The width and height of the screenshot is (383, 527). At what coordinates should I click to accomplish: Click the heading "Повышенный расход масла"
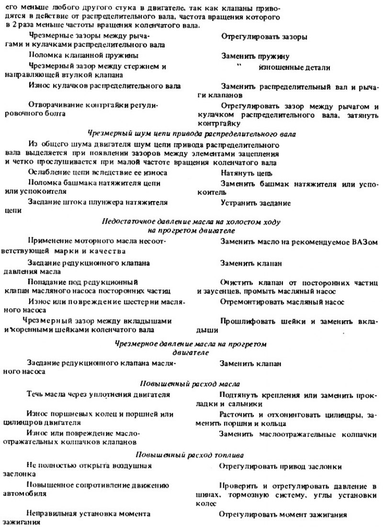point(189,384)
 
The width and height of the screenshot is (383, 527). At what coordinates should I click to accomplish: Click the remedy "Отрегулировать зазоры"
point(264,36)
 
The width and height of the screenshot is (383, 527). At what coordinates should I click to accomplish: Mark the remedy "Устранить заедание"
point(256,202)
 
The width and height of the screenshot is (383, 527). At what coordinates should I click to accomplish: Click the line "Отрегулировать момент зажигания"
point(282,515)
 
